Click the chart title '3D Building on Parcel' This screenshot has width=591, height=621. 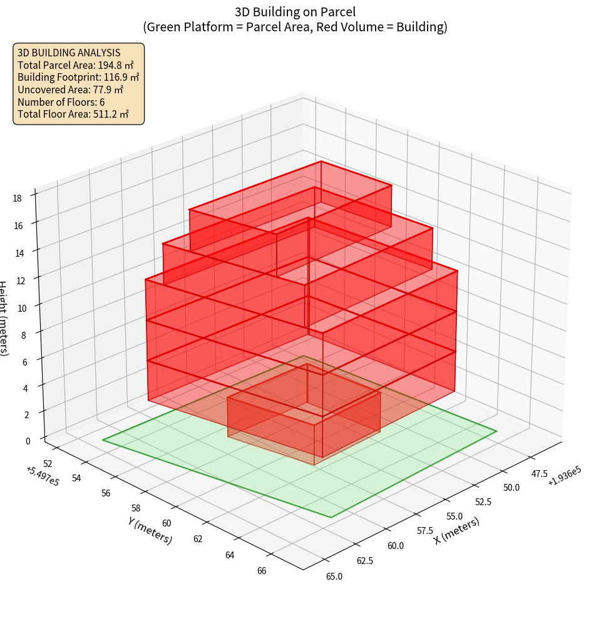coord(295,11)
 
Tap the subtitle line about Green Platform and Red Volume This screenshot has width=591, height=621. coord(295,27)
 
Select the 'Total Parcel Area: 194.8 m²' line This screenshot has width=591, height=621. coord(76,65)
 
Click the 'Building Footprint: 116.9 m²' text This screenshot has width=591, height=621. coord(78,78)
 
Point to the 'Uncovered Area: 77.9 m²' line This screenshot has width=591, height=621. coord(74,90)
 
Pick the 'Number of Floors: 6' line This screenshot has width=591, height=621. coord(61,102)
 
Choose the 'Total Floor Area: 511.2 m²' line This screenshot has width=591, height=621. coord(73,115)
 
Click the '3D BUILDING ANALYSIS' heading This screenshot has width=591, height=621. coord(69,53)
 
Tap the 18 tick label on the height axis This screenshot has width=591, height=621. coord(17,198)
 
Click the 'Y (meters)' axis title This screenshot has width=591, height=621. coord(150,530)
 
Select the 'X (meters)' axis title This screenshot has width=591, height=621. coord(457,530)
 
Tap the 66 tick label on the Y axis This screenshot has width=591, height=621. coord(262,570)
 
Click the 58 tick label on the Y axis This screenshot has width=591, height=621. coord(136,508)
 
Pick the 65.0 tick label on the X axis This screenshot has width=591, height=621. coord(334,576)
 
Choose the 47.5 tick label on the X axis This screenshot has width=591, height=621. coord(538,474)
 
